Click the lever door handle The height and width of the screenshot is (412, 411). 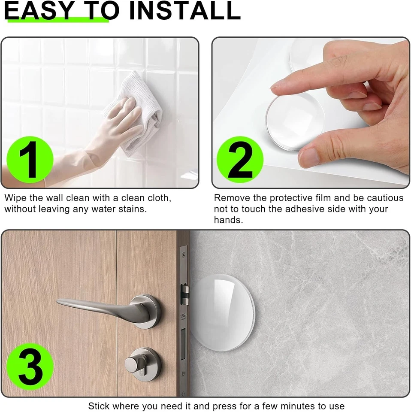click(x=103, y=307)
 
